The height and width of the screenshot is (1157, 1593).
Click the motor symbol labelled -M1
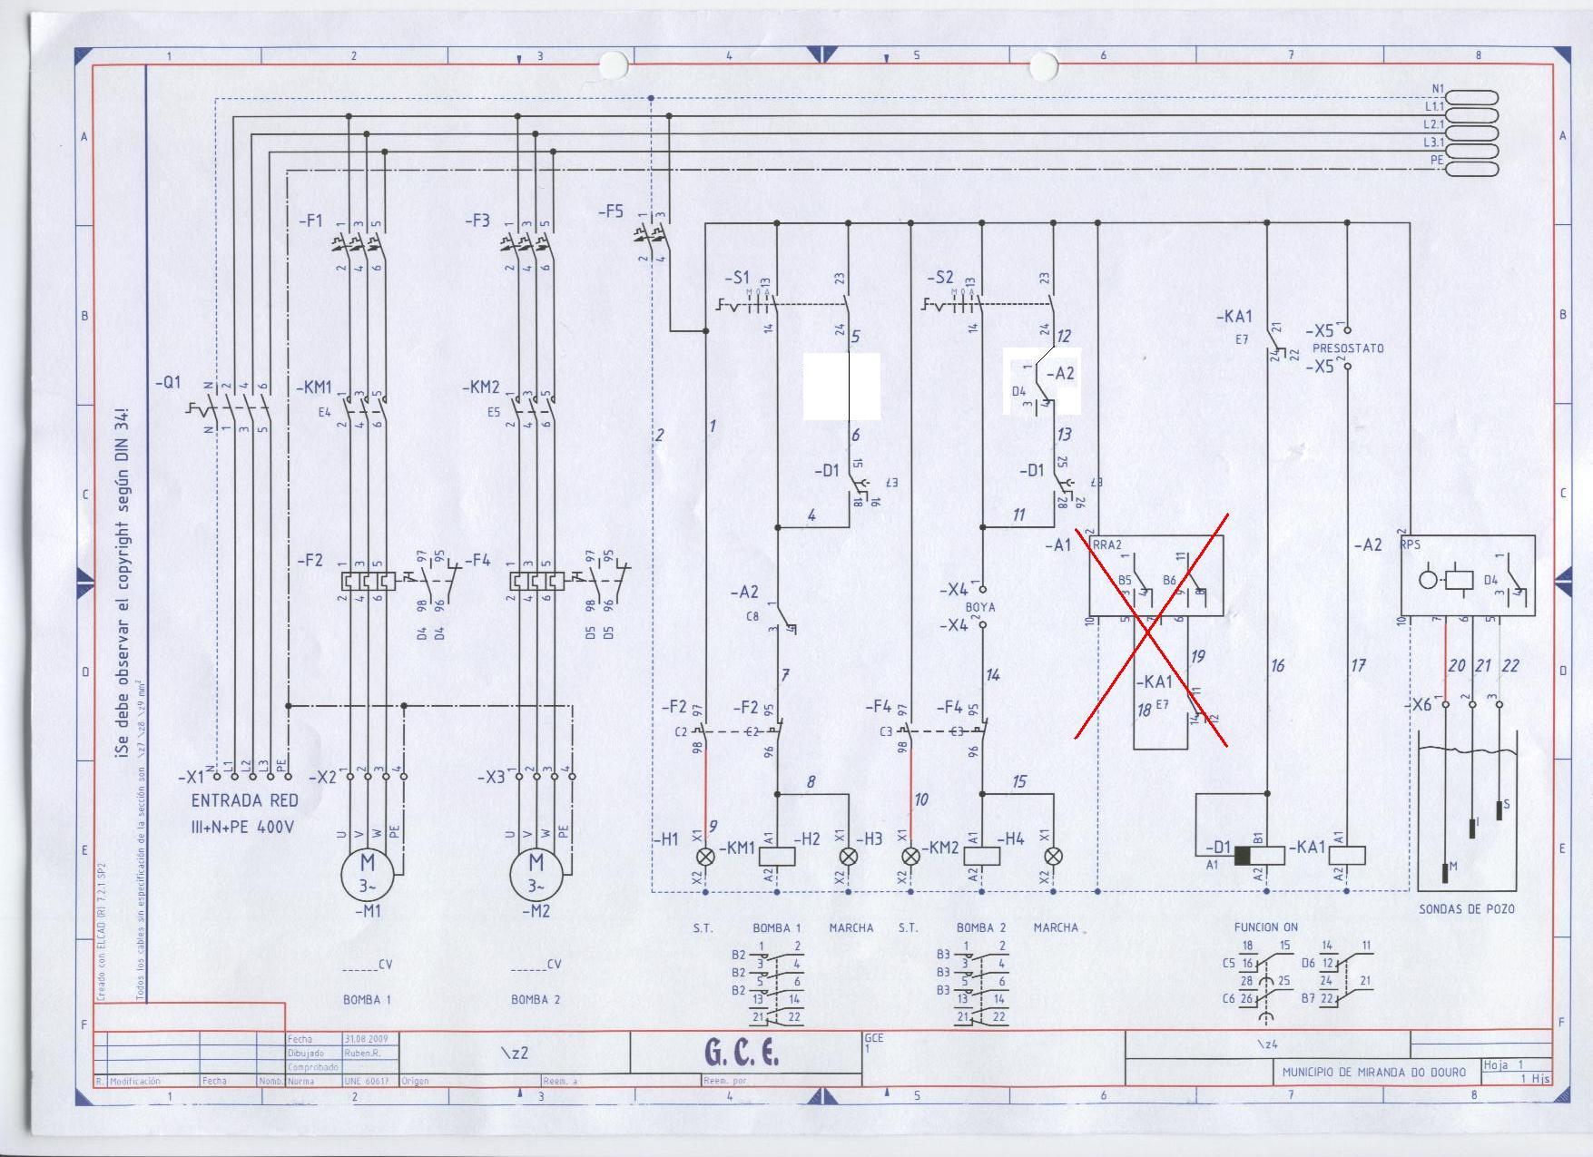pos(368,872)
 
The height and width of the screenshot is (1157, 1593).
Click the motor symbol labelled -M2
pos(536,872)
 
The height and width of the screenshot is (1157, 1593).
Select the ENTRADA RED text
pos(244,800)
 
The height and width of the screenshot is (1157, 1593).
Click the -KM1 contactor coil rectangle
pos(776,856)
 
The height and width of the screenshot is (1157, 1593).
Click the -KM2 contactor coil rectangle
pos(980,856)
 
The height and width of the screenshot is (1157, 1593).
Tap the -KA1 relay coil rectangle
pos(1347,856)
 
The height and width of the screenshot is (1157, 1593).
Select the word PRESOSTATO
pos(1348,348)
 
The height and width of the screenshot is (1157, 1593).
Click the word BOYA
pos(980,607)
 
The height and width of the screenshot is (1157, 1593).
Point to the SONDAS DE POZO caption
pos(1467,908)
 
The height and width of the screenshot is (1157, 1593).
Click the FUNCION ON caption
pos(1265,927)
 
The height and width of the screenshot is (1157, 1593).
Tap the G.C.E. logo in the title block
pos(742,1052)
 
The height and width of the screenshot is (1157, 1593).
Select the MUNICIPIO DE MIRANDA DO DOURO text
pos(1373,1072)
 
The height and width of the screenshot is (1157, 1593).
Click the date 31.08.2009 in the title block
pos(365,1039)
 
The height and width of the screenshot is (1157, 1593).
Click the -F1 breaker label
pos(310,220)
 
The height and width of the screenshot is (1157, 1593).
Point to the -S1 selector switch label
pos(737,277)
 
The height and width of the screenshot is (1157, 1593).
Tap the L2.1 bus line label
pos(1433,124)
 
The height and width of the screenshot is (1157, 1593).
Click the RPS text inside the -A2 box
pos(1411,544)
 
